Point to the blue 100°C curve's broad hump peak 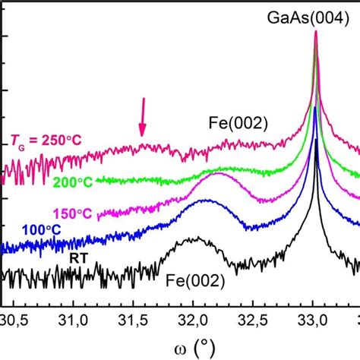[x=206, y=201]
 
